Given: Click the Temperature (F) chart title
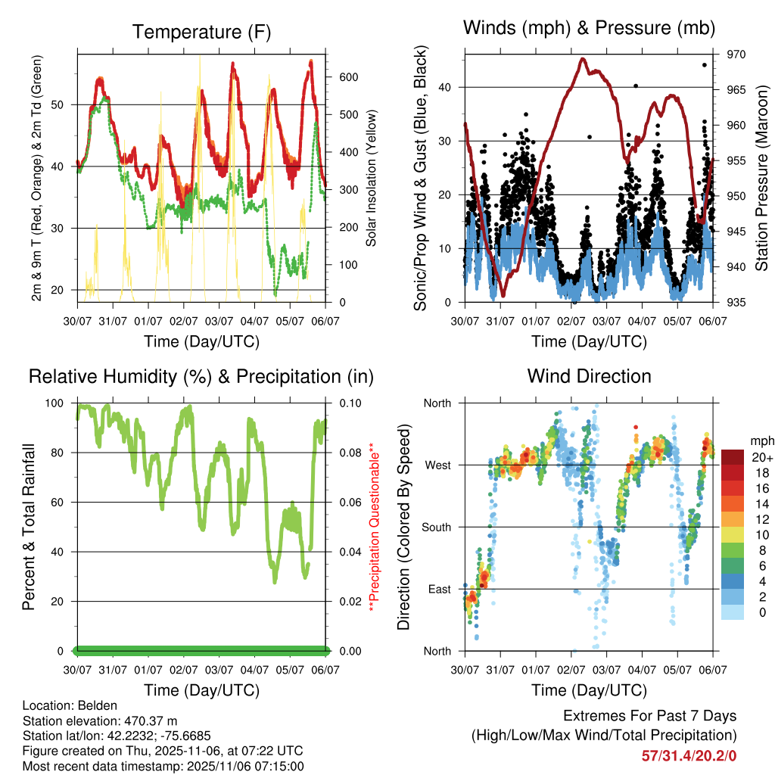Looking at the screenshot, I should (201, 32).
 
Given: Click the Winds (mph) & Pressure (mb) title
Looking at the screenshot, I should (590, 28).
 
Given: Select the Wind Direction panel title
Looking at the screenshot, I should (589, 376).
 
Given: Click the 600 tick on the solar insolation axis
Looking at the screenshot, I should (348, 77).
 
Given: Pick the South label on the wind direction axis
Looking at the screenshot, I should (436, 527).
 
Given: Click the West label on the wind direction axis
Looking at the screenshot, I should (437, 465).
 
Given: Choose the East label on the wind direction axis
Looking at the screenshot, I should (439, 589).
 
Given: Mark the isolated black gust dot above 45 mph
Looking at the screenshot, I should (705, 65).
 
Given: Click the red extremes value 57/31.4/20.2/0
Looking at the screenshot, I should (689, 755).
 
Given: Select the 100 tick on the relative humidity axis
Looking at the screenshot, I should (61, 403).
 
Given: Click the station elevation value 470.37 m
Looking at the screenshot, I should (151, 721).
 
